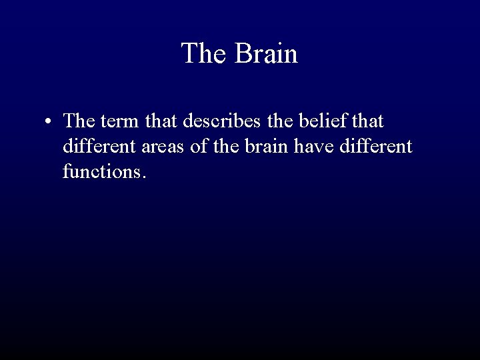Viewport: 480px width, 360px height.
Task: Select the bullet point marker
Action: (49, 123)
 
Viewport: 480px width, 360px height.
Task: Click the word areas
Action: (161, 147)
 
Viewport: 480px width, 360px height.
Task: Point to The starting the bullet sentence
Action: (79, 122)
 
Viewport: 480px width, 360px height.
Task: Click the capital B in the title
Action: (242, 53)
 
